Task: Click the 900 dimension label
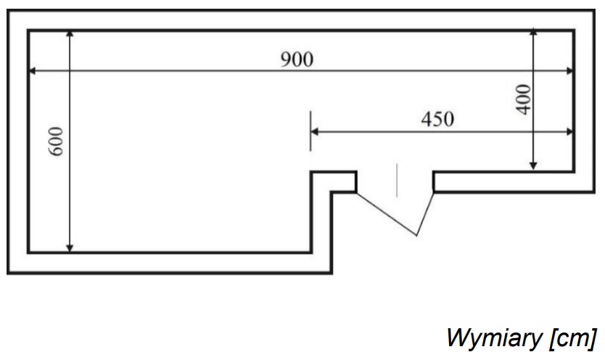(297, 60)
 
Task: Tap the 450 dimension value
(437, 119)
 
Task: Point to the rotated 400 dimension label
(524, 99)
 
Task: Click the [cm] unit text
(574, 337)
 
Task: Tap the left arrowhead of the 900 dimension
(33, 70)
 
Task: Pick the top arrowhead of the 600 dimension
(70, 35)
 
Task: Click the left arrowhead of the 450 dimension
(316, 131)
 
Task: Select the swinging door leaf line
(386, 213)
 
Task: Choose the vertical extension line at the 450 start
(310, 131)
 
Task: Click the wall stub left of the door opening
(334, 181)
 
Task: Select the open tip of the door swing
(416, 234)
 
